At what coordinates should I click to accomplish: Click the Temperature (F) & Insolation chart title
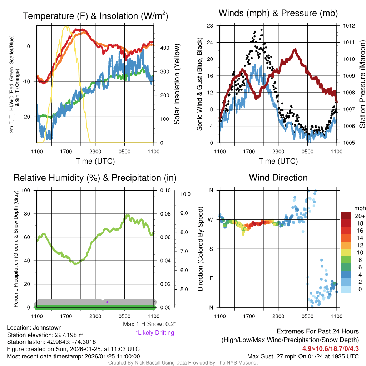click(x=95, y=16)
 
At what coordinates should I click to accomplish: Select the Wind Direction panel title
click(x=278, y=178)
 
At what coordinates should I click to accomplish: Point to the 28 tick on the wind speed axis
click(x=210, y=26)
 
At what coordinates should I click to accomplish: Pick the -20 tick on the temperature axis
click(x=29, y=117)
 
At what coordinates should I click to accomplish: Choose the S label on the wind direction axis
click(x=211, y=249)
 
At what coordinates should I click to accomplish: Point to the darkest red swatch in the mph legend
click(x=346, y=216)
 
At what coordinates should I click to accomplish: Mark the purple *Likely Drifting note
click(x=155, y=333)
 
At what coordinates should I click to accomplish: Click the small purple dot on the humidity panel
click(x=107, y=302)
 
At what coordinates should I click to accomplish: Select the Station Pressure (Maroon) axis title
click(x=362, y=84)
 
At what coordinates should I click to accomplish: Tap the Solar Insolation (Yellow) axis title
click(x=177, y=84)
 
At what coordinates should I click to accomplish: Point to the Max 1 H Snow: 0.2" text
click(x=149, y=324)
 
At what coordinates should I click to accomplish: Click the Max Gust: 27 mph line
click(x=303, y=356)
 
